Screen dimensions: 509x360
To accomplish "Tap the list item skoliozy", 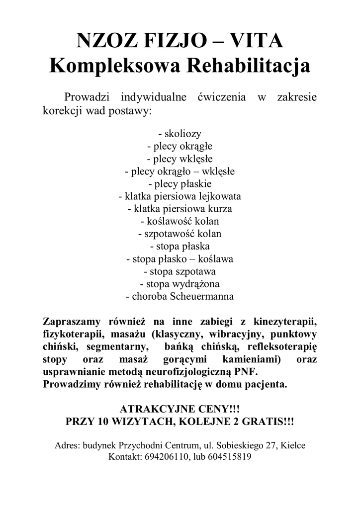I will pyautogui.click(x=180, y=134).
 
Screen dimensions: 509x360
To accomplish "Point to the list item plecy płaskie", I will pyautogui.click(x=180, y=184).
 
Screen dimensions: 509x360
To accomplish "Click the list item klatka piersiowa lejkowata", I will pyautogui.click(x=180, y=196).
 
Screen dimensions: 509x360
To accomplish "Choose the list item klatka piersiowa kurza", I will pyautogui.click(x=180, y=209).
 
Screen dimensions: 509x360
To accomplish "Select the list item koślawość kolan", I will pyautogui.click(x=180, y=221).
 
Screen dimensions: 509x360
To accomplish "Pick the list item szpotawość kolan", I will pyautogui.click(x=180, y=234).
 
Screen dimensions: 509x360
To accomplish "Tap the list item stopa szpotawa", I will pyautogui.click(x=180, y=271).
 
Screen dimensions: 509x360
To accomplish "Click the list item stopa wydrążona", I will pyautogui.click(x=180, y=284).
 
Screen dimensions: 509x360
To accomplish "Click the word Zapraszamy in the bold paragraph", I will pyautogui.click(x=73, y=321).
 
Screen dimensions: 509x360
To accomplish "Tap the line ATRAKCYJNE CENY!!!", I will pyautogui.click(x=180, y=410).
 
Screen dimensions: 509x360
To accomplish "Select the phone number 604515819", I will pyautogui.click(x=229, y=457).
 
